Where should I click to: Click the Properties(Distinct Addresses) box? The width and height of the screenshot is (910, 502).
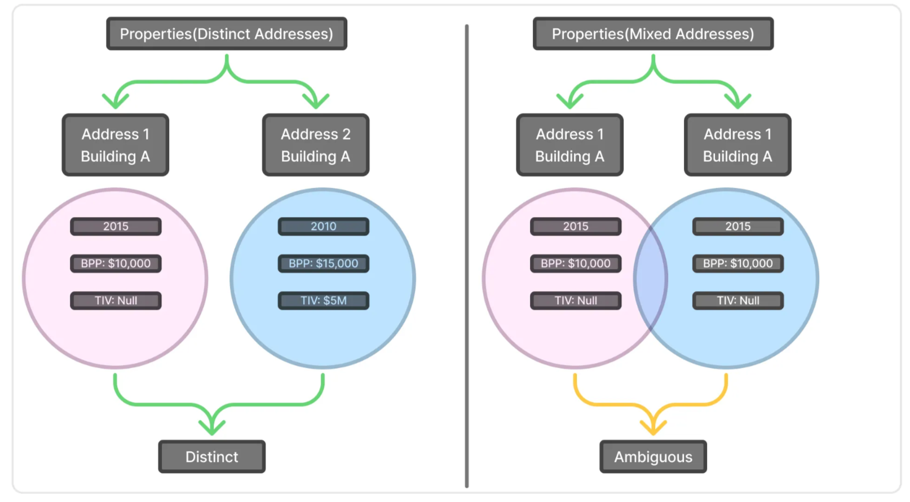point(226,34)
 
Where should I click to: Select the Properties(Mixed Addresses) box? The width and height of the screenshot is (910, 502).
point(652,34)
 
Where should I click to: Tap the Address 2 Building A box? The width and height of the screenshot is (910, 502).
point(315,145)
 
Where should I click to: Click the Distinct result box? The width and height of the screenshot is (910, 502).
point(211,456)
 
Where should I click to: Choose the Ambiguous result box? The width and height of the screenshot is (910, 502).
point(652,456)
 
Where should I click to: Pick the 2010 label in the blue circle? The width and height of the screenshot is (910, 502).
point(323,226)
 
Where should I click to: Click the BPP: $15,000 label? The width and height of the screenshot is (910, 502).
point(323,263)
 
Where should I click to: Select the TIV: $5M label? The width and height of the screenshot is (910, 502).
point(323,301)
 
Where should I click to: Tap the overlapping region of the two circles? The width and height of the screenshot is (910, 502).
point(651,278)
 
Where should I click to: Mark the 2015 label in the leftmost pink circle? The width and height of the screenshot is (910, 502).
point(116,226)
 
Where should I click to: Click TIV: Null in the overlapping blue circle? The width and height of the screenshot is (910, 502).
point(737,301)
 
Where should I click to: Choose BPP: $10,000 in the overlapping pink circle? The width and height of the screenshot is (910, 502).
point(575,263)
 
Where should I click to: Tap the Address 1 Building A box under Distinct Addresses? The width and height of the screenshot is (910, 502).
point(115,145)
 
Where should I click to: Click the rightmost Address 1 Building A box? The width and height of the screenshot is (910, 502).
point(737,145)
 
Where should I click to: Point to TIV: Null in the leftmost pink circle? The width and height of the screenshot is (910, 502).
point(116,301)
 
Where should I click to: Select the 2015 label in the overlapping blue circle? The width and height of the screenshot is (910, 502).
point(737,226)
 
